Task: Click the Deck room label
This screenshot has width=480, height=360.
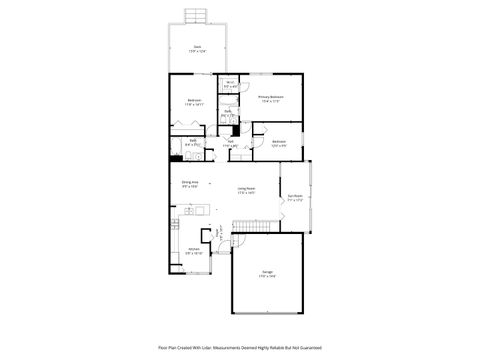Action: [x=197, y=46]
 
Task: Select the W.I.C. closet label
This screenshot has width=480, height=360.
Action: [x=230, y=82]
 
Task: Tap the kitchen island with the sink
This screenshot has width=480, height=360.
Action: [x=190, y=211]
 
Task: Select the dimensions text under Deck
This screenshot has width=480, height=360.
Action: [x=197, y=50]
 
